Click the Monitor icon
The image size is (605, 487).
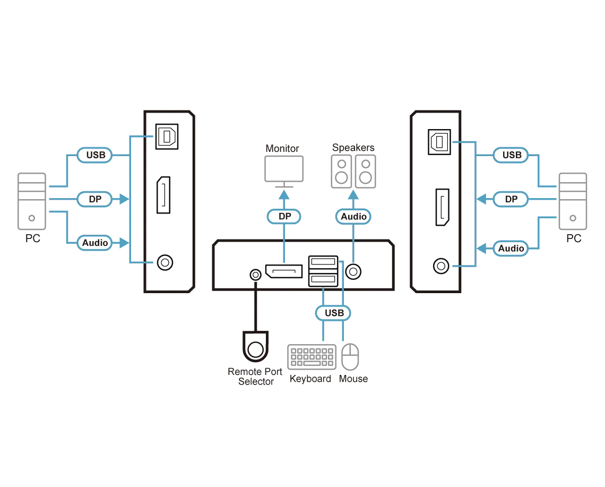pos(284,169)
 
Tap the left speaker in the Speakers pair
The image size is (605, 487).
pos(341,172)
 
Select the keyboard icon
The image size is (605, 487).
pos(312,357)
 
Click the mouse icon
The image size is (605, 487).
pos(350,357)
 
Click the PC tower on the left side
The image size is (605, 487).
pos(32,201)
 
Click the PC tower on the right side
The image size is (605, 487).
pos(573,201)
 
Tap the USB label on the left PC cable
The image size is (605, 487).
pos(95,155)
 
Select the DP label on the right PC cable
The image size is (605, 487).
pos(511,199)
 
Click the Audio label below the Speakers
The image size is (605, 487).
pos(353,217)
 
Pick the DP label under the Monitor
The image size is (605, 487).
pos(284,216)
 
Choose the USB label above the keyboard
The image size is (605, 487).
pos(333,313)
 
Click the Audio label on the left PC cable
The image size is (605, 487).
pos(95,243)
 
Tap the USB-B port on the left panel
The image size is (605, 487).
pos(167,136)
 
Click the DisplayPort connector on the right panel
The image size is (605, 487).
pos(442,207)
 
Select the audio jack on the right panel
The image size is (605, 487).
pos(441,266)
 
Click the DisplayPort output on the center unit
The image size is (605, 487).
pos(283,271)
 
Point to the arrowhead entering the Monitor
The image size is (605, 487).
pos(284,194)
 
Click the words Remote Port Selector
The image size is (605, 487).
pos(255,377)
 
